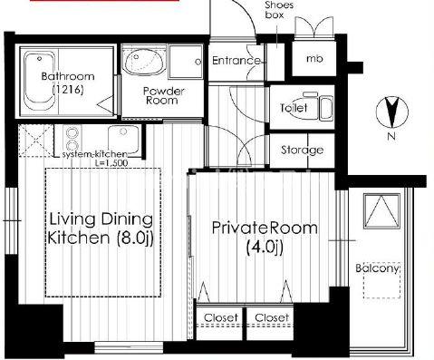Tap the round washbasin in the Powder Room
(x=144, y=63)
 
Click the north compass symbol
(x=392, y=112)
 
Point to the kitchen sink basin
(x=123, y=139)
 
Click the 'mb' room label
(x=314, y=59)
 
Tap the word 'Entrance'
(x=236, y=61)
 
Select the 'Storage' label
(x=302, y=150)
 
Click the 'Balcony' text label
(x=378, y=268)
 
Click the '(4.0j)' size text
(x=265, y=248)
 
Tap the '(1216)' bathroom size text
(x=68, y=90)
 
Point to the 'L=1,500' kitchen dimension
(x=111, y=163)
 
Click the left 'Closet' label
(x=221, y=317)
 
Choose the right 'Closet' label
(x=272, y=317)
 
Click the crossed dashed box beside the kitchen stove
(x=36, y=141)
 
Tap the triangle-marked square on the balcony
(x=381, y=211)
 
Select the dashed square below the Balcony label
(x=382, y=280)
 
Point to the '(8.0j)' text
(x=135, y=238)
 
